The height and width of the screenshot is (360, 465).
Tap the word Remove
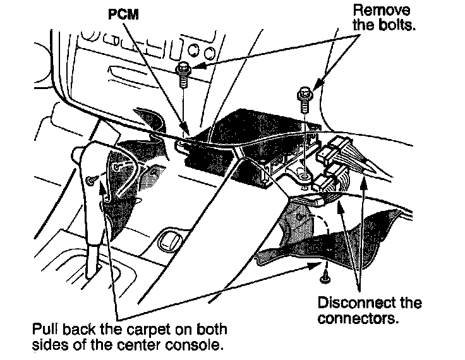(x=381, y=11)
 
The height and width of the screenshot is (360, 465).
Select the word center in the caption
(x=150, y=345)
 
